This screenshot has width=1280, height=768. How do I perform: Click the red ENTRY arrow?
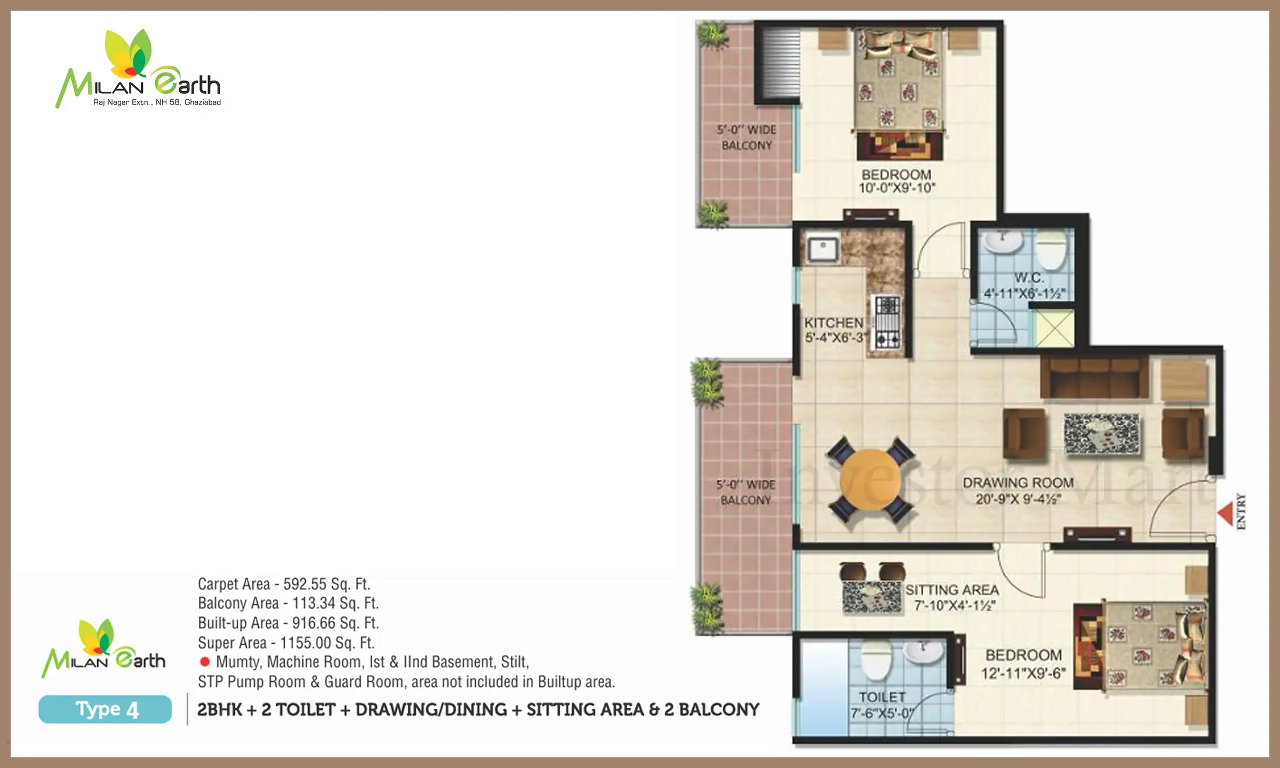1225,514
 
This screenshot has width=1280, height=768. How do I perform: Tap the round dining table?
870,480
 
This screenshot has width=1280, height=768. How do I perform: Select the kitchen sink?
823,249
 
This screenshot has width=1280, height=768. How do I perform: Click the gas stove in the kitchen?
887,322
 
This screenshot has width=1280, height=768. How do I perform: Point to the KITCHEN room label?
834,323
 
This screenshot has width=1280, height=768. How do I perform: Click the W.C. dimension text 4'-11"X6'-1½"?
1025,293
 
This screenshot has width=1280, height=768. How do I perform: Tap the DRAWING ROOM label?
1018,483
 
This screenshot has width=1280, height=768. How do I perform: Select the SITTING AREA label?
952,590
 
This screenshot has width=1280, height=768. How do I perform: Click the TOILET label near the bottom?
882,697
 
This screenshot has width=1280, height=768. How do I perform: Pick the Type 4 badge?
105,709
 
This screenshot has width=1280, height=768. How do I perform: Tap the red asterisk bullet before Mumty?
205,662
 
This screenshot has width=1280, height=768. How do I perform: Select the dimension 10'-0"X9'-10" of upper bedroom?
897,188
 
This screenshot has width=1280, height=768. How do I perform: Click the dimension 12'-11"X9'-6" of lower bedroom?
1023,673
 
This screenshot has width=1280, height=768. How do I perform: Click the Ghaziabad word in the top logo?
203,102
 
